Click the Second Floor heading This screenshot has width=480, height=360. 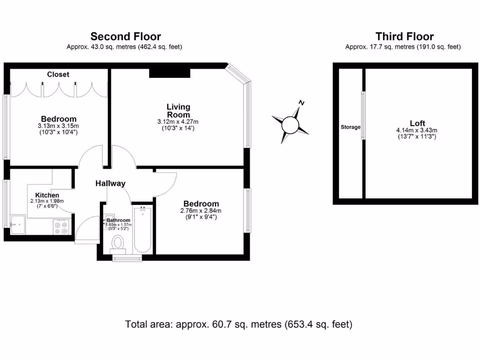click(x=125, y=37)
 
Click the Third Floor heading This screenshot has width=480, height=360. click(x=405, y=37)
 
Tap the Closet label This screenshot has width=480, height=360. click(x=58, y=75)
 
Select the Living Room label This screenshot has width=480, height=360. click(x=179, y=111)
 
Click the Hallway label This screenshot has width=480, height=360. click(x=111, y=183)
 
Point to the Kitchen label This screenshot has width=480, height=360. click(x=47, y=195)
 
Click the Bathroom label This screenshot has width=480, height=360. click(x=118, y=220)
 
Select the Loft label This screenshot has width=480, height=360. click(x=417, y=123)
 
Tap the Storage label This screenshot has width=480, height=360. click(x=351, y=127)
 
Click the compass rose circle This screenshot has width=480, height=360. click(x=290, y=125)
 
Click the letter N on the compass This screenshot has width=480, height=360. click(x=302, y=103)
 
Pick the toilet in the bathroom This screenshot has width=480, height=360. click(x=118, y=243)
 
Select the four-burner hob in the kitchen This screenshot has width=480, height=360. click(x=61, y=227)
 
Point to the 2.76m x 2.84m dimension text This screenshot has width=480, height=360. click(x=201, y=210)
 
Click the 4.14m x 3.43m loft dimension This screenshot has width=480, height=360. click(x=417, y=130)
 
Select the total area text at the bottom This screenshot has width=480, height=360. click(x=239, y=324)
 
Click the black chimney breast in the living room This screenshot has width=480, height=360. click(x=170, y=73)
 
